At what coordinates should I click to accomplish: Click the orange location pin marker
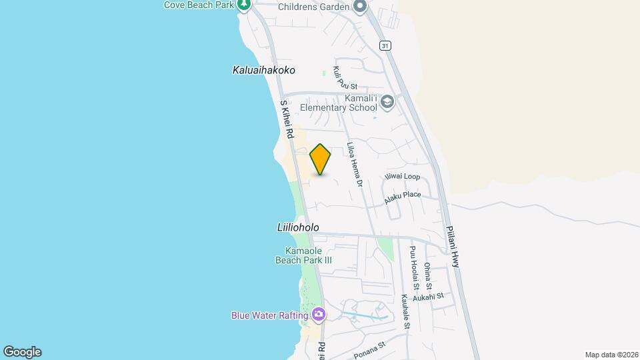pos(320,159)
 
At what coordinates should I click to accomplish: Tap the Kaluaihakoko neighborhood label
pos(263,70)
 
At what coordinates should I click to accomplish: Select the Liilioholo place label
pos(297,227)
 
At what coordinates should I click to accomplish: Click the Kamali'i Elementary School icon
pos(387,103)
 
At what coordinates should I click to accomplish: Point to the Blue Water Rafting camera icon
pos(319,314)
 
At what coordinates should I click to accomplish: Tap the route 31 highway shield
pos(385,45)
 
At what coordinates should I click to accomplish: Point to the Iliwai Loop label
pos(402,177)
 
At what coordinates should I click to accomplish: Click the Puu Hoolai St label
pos(414,267)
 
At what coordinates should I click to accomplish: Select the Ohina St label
pos(427,275)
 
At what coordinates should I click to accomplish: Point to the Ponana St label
pos(370,350)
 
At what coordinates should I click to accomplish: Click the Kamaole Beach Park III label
pos(303,255)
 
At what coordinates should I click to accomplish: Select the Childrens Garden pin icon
pos(360,7)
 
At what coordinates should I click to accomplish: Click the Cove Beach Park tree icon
pos(244,5)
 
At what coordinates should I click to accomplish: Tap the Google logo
pos(22,351)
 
